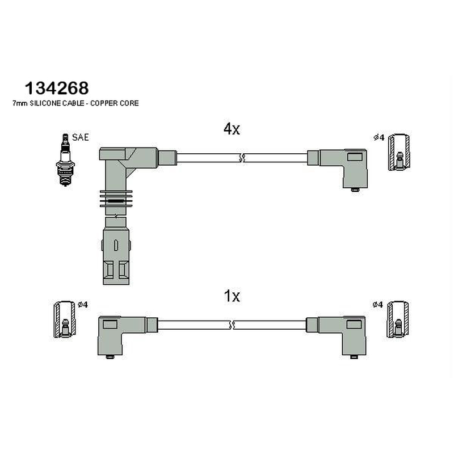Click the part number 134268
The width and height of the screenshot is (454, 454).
tap(57, 88)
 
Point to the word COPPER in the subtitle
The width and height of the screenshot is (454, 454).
tap(103, 103)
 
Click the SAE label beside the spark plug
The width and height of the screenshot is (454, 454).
tap(80, 137)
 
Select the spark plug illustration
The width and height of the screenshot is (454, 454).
tap(65, 160)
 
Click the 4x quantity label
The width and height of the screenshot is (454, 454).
tap(232, 129)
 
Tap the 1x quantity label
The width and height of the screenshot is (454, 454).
tap(232, 296)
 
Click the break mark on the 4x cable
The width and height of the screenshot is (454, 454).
tap(242, 158)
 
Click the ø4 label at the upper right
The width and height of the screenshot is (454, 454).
tap(379, 137)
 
